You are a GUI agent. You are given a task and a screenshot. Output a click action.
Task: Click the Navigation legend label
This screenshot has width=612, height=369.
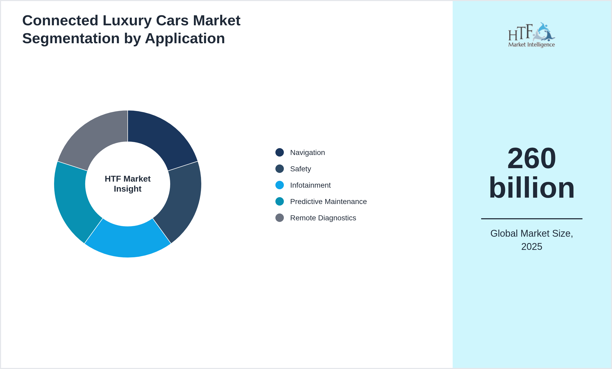(307, 153)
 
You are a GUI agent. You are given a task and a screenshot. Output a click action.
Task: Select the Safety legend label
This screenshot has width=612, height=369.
(300, 169)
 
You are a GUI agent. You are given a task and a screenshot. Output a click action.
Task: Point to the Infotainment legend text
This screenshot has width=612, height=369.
(310, 185)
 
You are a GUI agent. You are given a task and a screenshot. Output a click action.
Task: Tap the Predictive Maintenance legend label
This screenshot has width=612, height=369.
(328, 202)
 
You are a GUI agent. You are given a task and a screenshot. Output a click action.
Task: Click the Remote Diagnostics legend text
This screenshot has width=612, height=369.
(323, 218)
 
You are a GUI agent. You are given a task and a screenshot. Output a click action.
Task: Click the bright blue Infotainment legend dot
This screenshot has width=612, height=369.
(280, 185)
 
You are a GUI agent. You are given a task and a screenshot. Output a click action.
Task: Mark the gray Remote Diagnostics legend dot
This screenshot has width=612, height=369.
(280, 218)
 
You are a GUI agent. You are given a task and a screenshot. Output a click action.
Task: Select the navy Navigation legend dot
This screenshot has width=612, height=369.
(280, 153)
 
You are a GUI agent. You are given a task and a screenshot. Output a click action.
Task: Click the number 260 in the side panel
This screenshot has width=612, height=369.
(532, 158)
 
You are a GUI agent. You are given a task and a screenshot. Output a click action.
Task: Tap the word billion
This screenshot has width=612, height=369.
(532, 188)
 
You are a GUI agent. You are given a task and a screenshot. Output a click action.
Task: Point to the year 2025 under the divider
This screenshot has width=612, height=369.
(532, 247)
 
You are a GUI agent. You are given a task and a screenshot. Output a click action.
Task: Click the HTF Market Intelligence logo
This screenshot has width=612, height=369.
(532, 35)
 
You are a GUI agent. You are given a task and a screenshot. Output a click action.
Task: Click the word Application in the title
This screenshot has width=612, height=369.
(185, 38)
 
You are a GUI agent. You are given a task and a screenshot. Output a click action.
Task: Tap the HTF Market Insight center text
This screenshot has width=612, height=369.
(128, 184)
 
